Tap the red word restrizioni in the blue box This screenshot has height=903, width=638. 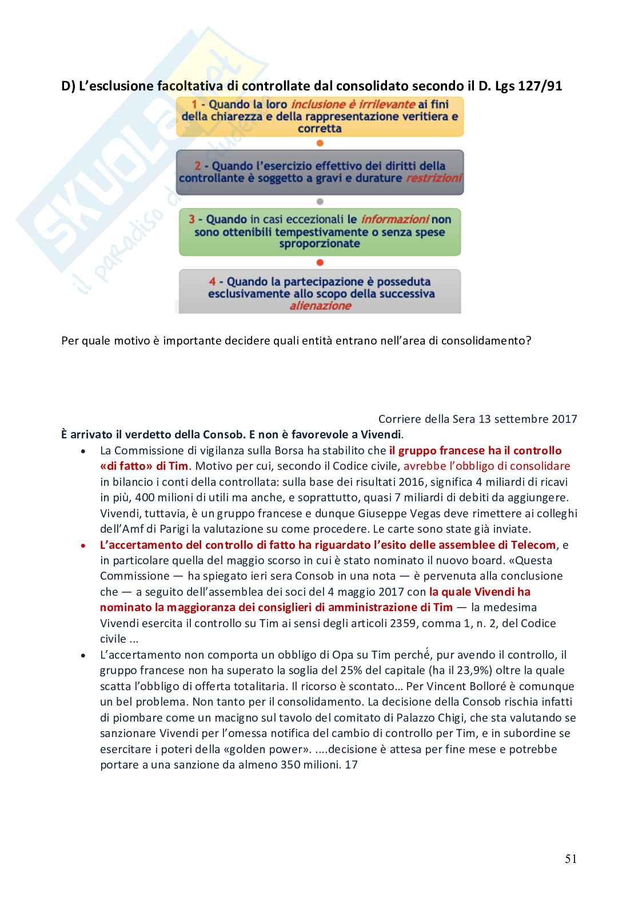point(433,178)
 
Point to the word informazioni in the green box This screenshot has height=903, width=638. point(394,219)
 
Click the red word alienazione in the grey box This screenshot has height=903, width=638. point(320,306)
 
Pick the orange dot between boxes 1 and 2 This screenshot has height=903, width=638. point(320,143)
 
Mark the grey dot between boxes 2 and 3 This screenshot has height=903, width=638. point(320,201)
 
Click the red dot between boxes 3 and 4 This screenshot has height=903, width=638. point(320,263)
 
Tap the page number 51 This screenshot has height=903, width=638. point(571,858)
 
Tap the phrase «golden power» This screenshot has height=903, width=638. point(269,749)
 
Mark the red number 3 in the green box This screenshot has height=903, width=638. point(192,219)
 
